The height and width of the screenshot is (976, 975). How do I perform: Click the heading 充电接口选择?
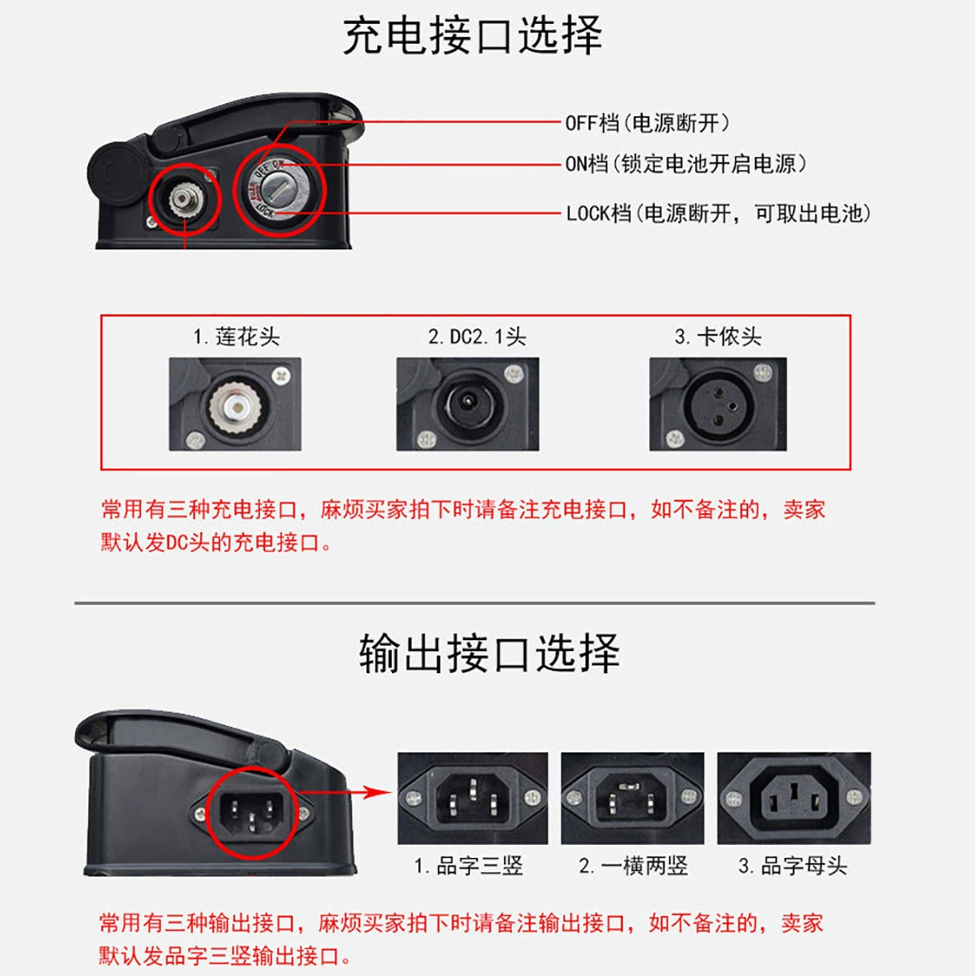click(473, 35)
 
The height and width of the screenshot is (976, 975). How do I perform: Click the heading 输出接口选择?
click(490, 653)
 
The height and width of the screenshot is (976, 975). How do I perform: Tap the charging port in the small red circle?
click(183, 199)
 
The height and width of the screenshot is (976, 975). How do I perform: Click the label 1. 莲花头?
click(236, 337)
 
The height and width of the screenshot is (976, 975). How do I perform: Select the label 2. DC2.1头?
click(477, 337)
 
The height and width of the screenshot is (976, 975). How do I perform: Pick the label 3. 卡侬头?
click(718, 337)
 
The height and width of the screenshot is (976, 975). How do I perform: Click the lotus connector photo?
click(235, 404)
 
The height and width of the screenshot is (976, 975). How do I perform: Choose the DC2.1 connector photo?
click(468, 404)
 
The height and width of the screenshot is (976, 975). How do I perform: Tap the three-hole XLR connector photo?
click(718, 404)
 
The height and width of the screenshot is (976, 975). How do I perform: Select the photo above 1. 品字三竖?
click(473, 799)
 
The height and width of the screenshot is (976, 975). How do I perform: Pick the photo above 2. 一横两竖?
click(632, 799)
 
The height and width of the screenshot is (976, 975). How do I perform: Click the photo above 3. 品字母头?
click(794, 799)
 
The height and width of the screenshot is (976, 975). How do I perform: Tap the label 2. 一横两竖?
click(633, 865)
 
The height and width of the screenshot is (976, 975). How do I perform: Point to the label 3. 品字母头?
click(793, 865)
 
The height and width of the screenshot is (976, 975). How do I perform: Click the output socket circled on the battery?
click(252, 813)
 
